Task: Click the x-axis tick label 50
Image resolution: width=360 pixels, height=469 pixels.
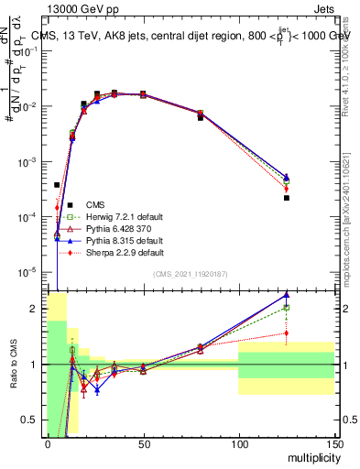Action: tap(142, 444)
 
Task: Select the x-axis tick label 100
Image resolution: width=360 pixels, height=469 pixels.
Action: tap(238, 444)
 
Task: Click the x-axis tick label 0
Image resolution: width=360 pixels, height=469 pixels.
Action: tap(48, 444)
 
